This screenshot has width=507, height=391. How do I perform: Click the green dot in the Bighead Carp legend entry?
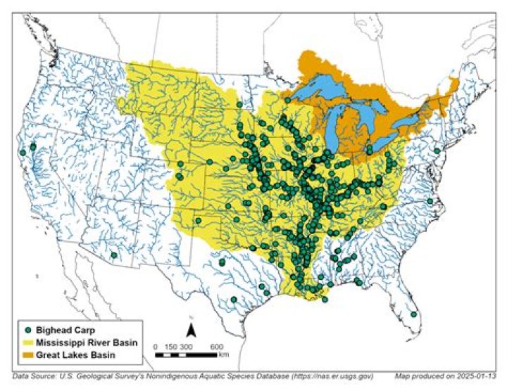click(28, 329)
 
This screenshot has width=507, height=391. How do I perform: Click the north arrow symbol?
click(189, 330)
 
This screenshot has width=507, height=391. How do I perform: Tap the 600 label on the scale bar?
click(217, 347)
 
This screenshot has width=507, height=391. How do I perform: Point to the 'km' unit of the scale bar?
click(224, 355)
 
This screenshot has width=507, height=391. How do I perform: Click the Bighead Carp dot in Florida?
click(413, 314)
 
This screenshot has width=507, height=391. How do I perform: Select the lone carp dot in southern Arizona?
click(114, 255)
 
